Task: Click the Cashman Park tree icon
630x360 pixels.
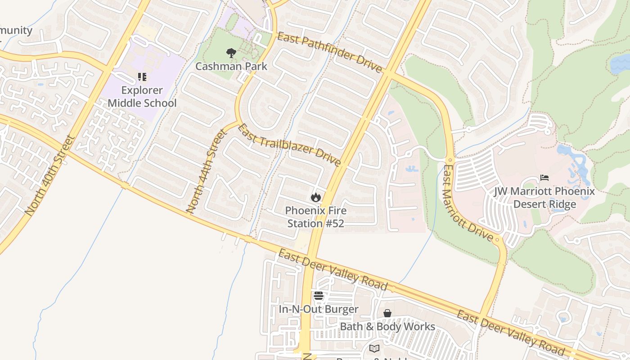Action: tap(231, 53)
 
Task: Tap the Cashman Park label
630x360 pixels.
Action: tap(231, 66)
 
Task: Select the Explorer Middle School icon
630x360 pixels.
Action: tap(142, 77)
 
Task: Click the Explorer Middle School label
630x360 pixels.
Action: tap(142, 96)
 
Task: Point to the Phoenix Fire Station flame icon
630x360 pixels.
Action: tap(316, 197)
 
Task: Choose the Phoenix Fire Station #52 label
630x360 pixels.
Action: tap(316, 217)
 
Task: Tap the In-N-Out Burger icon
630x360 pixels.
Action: tap(319, 296)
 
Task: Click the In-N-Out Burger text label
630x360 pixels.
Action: tap(319, 309)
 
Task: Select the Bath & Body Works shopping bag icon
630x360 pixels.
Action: tap(387, 313)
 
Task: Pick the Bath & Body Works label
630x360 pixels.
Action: tap(387, 326)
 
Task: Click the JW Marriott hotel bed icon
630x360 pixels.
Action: tap(544, 178)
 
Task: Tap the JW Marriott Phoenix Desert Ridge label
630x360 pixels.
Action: tap(544, 198)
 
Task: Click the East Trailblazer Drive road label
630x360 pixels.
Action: tap(289, 145)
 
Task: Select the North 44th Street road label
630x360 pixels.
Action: tap(205, 171)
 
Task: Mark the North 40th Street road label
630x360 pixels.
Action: tap(49, 175)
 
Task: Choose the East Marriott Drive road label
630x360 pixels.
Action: tap(468, 203)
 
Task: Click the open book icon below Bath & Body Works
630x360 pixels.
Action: tap(374, 348)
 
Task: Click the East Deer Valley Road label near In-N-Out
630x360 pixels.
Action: tap(332, 270)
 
